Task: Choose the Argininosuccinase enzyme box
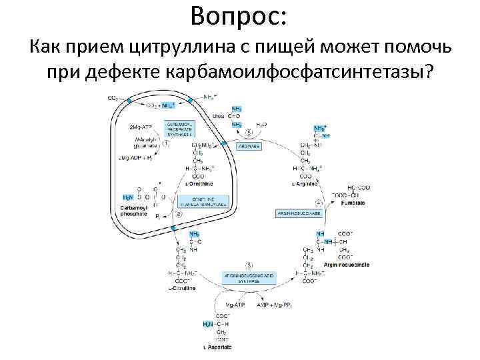[299, 213]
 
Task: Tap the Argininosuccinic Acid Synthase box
[247, 277]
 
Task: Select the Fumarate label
[355, 202]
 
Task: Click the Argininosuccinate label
[345, 264]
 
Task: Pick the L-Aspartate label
[218, 347]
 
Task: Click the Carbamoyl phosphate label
[137, 211]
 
